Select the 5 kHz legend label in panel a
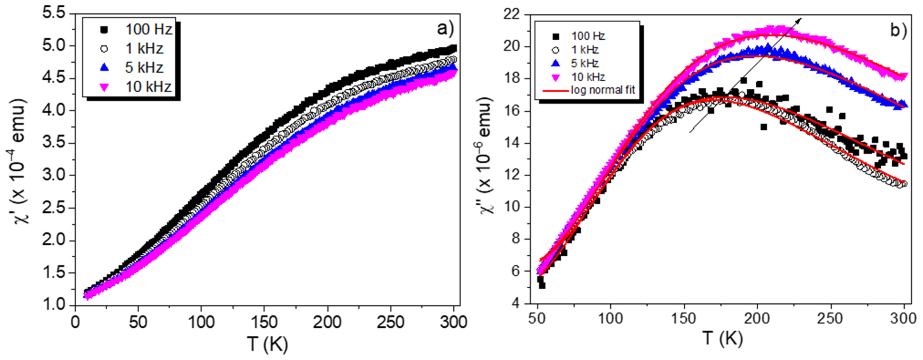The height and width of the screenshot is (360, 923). pos(144,68)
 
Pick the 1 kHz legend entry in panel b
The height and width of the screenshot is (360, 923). pos(584,50)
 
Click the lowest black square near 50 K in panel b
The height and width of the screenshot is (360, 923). pos(542,286)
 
